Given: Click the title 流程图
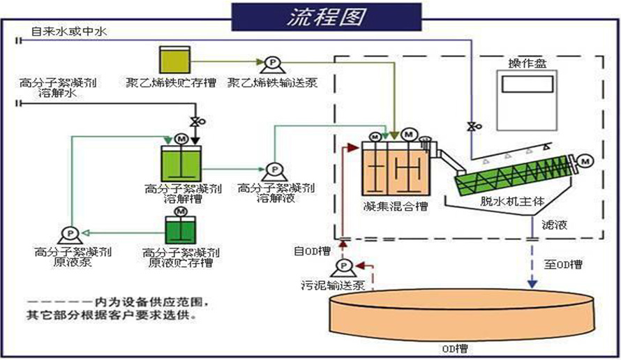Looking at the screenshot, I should tap(326, 17).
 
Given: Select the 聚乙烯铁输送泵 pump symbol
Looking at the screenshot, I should tap(269, 65).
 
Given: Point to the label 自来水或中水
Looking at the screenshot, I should tap(68, 31).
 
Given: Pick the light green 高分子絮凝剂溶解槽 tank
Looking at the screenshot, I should tap(180, 163).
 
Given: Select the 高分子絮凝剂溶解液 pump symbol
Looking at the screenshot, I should tap(271, 170).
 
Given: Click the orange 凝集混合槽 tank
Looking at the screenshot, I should tap(394, 170).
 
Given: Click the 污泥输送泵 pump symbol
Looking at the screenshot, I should tap(343, 267).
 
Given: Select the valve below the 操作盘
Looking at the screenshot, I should tap(472, 126).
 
